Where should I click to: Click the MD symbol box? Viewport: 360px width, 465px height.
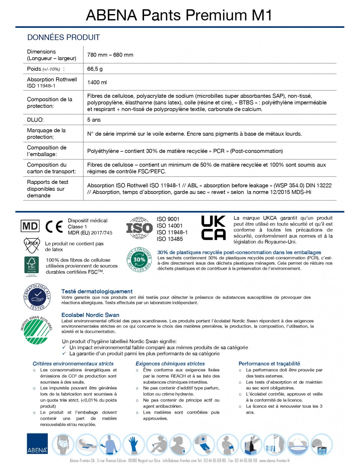pos(30,226)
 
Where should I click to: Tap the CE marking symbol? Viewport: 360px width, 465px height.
pos(54,226)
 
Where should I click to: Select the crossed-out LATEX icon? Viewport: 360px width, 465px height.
pos(32,245)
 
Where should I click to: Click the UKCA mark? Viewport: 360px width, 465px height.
pos(213,228)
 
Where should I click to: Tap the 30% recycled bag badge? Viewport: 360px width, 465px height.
pos(139,260)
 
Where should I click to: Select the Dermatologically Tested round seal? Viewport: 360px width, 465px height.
pos(37,297)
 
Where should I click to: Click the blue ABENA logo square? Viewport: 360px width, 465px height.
pos(37,443)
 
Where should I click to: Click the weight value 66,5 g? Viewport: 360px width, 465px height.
pos(95,69)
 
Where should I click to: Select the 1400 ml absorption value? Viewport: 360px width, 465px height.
pos(97,82)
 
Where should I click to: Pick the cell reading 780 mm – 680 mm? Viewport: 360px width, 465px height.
pos(110,55)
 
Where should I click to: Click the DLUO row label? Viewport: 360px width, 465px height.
pos(35,120)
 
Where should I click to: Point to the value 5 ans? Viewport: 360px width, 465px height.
pos(94,120)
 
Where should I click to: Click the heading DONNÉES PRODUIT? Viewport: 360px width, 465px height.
pos(63,37)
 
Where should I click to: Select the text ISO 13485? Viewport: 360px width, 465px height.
pos(170,239)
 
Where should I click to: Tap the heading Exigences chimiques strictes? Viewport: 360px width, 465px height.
pos(170,364)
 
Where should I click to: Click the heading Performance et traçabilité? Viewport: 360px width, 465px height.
pos(269,364)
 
